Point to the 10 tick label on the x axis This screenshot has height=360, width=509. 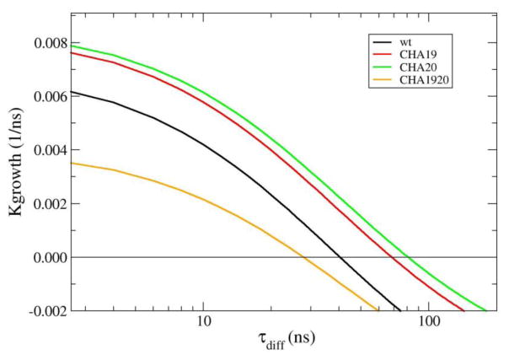click(x=202, y=325)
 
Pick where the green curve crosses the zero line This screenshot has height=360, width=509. click(x=407, y=257)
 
